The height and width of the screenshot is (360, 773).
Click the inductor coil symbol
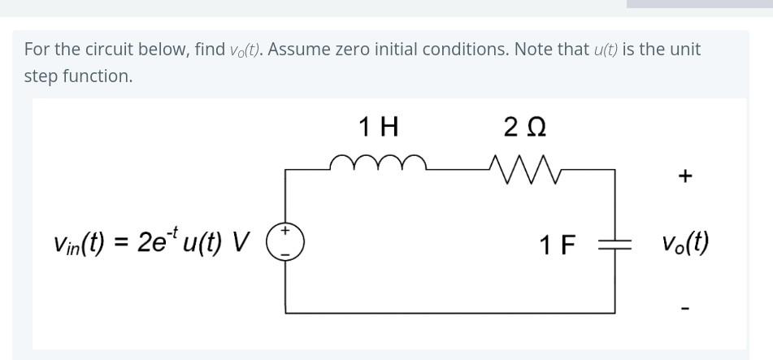point(378,163)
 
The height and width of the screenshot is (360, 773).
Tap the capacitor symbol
point(615,242)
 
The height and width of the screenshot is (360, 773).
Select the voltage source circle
point(285,241)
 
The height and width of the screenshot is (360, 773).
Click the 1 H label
point(378,127)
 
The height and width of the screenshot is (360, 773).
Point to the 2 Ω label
point(524,127)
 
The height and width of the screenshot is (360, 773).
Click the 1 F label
point(557,243)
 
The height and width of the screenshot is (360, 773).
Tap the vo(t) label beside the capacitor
point(684,243)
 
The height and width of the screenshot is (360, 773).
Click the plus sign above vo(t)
point(684,176)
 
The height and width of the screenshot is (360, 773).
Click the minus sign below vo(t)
point(684,308)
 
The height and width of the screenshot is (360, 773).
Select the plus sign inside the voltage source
point(285,232)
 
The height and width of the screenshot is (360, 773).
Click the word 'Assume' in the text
point(298,49)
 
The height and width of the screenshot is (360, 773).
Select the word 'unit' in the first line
point(684,49)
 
